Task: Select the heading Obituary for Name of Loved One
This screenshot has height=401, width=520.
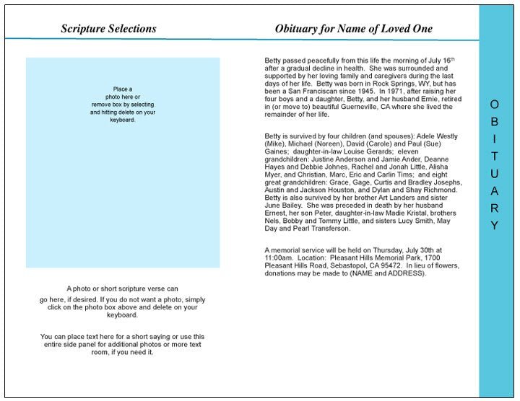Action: (x=353, y=29)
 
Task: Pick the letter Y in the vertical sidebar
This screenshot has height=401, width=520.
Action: (x=494, y=226)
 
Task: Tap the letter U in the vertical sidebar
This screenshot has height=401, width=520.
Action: (x=494, y=174)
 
